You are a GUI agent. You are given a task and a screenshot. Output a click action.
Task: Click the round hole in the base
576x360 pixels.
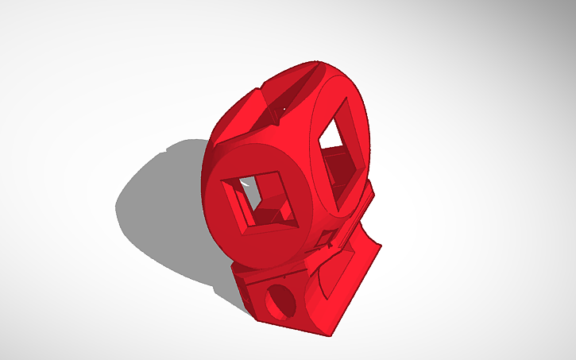coord(279,301)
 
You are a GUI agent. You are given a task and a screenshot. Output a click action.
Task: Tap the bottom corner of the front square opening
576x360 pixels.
coord(253,235)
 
